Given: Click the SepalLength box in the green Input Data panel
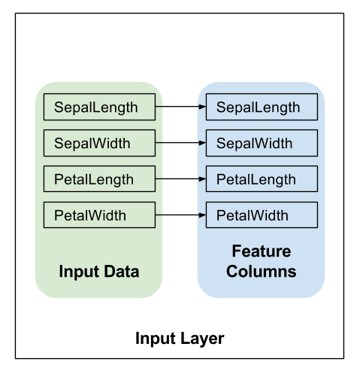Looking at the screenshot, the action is (99, 107).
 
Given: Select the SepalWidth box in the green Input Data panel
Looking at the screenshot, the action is (99, 143).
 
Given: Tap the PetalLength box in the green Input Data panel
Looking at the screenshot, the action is (99, 179).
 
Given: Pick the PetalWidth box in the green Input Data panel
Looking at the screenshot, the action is (99, 215).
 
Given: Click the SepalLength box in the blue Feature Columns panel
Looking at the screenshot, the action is (262, 107).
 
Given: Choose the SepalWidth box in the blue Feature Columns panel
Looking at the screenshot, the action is (262, 143).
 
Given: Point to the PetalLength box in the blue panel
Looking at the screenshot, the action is (262, 179).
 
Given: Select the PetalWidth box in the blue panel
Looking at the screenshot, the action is (262, 215).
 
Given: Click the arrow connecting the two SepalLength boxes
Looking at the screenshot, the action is (180, 107).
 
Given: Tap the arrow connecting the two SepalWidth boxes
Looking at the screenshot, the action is (180, 143).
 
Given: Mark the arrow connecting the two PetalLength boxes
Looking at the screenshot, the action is (180, 179).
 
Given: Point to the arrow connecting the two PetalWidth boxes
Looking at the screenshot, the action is (180, 215).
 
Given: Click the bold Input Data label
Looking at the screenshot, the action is (99, 272).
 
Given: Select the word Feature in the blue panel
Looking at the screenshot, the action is (262, 251).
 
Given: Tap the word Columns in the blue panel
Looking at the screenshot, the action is (262, 272).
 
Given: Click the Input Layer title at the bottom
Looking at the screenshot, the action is (180, 339).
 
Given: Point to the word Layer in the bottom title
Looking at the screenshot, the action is (202, 339).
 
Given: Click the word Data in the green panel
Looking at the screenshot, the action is (121, 272).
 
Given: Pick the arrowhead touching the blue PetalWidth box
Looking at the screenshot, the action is (202, 215).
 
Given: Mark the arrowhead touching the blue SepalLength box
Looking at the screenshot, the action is (202, 107).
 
